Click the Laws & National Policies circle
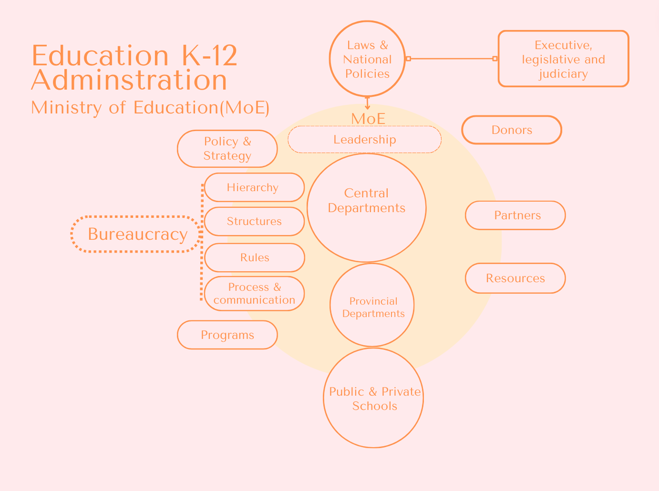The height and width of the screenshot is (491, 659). (x=367, y=59)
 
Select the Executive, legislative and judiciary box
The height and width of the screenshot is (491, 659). (x=563, y=59)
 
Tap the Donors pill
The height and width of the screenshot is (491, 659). (x=512, y=130)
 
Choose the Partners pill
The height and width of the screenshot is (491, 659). (x=515, y=215)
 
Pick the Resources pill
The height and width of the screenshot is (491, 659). (x=515, y=278)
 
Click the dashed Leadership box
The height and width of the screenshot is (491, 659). (x=364, y=140)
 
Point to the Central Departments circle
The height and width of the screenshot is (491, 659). (x=366, y=208)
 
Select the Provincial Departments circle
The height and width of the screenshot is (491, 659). (x=372, y=305)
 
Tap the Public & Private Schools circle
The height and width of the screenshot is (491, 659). (x=373, y=398)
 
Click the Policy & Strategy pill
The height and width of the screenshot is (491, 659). (x=227, y=149)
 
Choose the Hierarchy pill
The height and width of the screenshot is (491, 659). (x=254, y=187)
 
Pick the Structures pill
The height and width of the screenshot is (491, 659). (x=254, y=221)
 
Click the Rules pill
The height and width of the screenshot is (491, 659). (x=254, y=257)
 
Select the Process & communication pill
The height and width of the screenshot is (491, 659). (x=254, y=294)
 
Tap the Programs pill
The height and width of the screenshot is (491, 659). (x=227, y=335)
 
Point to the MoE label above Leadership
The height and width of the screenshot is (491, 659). (x=368, y=119)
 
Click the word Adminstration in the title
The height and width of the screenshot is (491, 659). (x=129, y=80)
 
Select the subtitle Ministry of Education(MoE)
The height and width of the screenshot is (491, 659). (x=150, y=108)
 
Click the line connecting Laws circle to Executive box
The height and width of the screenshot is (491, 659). (x=452, y=59)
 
